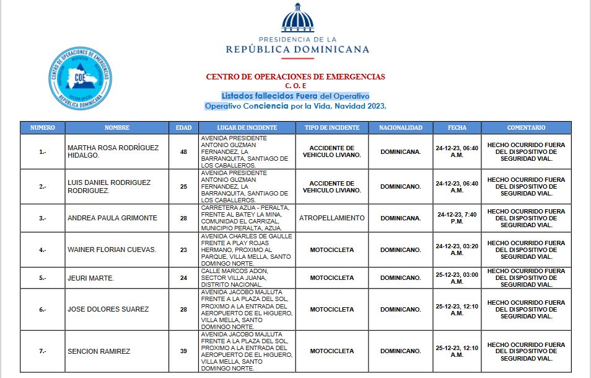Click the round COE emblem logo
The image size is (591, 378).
tap(81, 79)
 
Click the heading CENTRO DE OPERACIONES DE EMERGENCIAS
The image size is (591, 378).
tap(295, 77)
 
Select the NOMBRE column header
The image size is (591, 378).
tap(117, 128)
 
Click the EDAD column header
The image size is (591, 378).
tap(183, 128)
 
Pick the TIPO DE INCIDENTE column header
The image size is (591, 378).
tap(332, 128)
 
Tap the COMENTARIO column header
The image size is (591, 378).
tap(526, 128)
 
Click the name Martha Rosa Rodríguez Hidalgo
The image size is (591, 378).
tap(113, 151)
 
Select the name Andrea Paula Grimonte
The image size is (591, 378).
tap(112, 218)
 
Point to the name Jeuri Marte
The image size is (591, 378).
tap(90, 278)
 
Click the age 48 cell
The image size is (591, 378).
tap(183, 151)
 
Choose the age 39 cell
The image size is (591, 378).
tap(183, 351)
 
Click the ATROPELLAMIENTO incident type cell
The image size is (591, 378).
tap(332, 218)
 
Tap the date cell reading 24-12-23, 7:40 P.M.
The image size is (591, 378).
tap(457, 218)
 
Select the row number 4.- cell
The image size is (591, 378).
tap(43, 250)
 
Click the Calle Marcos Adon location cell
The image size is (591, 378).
tap(246, 278)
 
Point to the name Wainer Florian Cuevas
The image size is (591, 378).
tap(112, 250)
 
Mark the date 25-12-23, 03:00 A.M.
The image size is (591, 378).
tap(457, 278)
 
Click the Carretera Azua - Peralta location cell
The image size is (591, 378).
tap(246, 218)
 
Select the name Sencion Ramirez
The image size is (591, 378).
tap(99, 351)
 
